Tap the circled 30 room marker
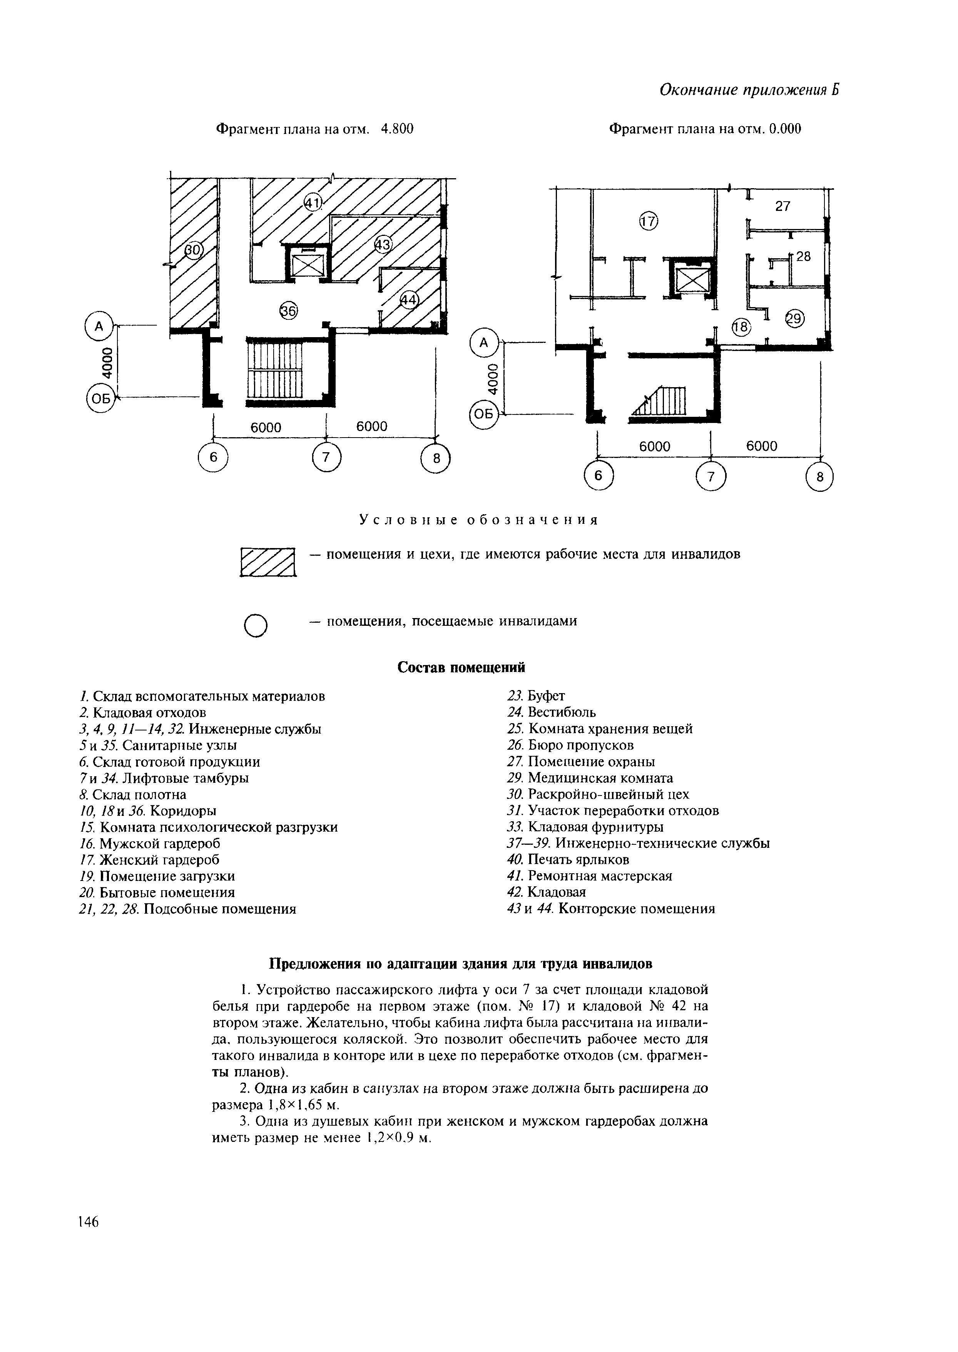click(x=193, y=251)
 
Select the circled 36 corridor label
click(x=288, y=310)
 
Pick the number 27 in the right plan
click(x=782, y=206)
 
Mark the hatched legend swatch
click(x=267, y=562)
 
